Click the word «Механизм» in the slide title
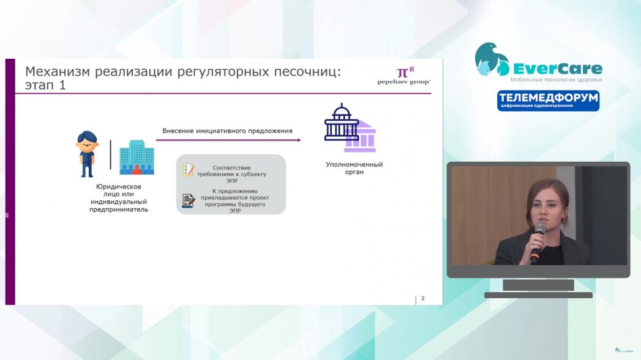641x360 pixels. (x=57, y=72)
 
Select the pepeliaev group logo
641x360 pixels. (x=404, y=76)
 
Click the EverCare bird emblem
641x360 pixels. (x=492, y=59)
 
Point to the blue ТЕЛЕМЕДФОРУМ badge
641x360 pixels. (x=548, y=100)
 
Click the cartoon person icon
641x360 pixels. (x=87, y=154)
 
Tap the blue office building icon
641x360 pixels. (x=137, y=157)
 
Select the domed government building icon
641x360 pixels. (x=350, y=128)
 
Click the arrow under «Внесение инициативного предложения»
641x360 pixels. (x=228, y=140)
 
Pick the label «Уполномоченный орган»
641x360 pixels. (x=354, y=168)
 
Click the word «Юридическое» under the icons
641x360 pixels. (x=119, y=187)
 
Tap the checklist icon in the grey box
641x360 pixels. (x=188, y=170)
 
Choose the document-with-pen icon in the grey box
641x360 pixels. (x=188, y=201)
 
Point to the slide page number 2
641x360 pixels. (x=422, y=299)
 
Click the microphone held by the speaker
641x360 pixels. (x=538, y=242)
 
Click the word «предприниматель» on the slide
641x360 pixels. (x=119, y=209)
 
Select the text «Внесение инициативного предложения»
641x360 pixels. (x=227, y=131)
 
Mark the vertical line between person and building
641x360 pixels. (x=110, y=154)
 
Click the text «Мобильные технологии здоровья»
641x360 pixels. (x=556, y=80)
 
